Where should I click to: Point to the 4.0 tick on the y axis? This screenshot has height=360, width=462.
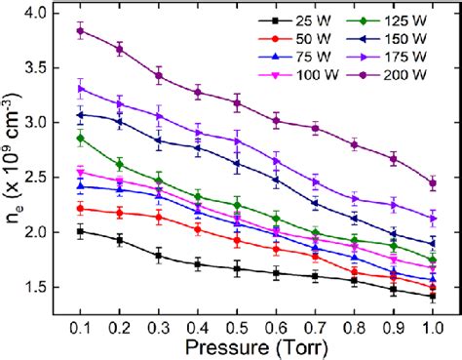click(51, 14)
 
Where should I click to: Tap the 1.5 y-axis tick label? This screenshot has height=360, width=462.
click(51, 287)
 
